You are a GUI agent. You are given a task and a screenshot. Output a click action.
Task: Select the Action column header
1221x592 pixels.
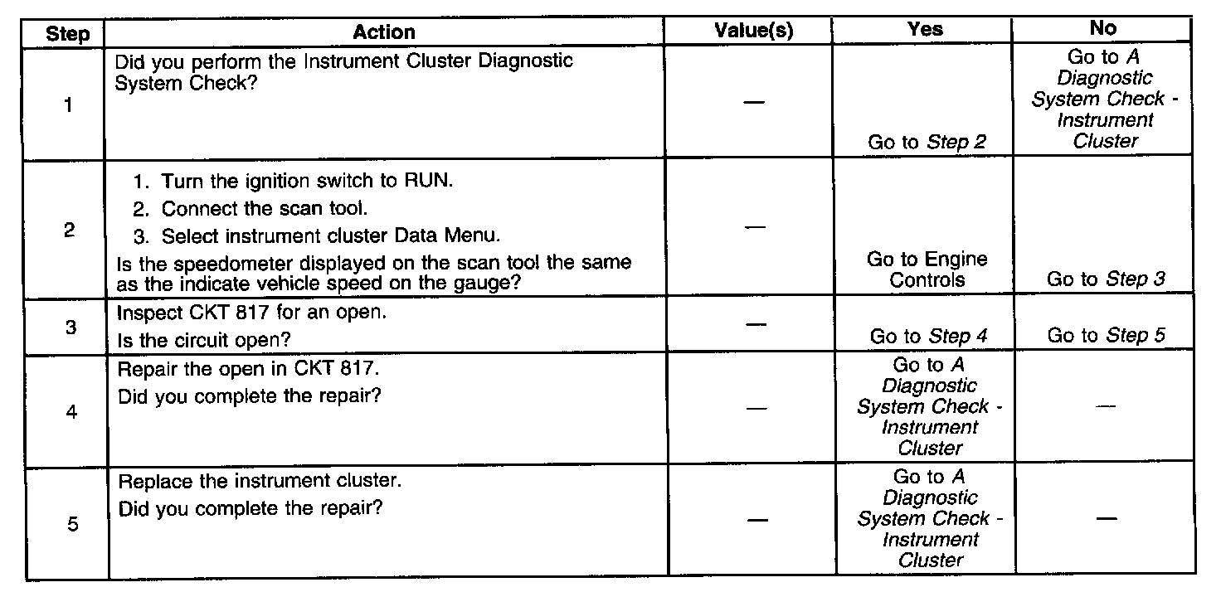(384, 32)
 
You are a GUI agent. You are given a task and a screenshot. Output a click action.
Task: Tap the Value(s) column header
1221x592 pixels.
(753, 31)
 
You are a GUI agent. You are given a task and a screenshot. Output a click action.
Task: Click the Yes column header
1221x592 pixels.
(926, 30)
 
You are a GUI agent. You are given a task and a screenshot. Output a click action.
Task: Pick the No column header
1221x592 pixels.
(1103, 28)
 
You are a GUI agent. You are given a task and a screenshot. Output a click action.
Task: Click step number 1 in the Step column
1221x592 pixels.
(68, 105)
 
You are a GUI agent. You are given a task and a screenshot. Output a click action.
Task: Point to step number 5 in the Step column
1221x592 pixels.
(71, 524)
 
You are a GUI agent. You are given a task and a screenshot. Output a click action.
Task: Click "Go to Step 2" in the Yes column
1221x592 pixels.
(927, 142)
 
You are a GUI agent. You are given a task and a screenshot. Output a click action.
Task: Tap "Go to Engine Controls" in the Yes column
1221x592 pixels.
(927, 269)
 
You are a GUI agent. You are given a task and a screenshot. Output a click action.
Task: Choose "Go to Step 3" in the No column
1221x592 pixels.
(1106, 279)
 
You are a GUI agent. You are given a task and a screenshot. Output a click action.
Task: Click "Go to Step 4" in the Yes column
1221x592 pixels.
(928, 337)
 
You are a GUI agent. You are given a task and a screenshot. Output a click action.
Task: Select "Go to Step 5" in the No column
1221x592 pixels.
(1106, 336)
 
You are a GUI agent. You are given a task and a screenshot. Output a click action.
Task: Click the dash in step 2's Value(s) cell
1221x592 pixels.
(753, 227)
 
